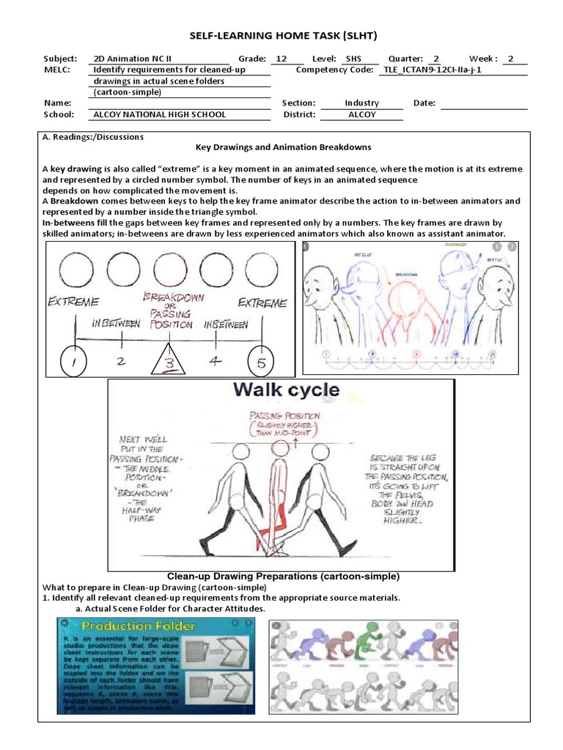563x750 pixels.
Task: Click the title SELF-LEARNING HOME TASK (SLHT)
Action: coord(284,36)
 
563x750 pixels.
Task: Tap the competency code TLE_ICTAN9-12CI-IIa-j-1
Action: coord(433,70)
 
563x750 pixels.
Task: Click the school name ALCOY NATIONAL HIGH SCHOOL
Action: coord(159,114)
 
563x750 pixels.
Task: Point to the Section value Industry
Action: coord(361,103)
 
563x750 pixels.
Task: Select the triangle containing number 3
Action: coord(169,361)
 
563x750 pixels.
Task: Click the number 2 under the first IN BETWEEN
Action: coord(122,360)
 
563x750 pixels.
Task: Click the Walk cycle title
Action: coord(286,390)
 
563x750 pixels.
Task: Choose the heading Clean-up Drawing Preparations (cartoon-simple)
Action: coord(284,576)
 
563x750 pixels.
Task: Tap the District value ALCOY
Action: coord(361,114)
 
